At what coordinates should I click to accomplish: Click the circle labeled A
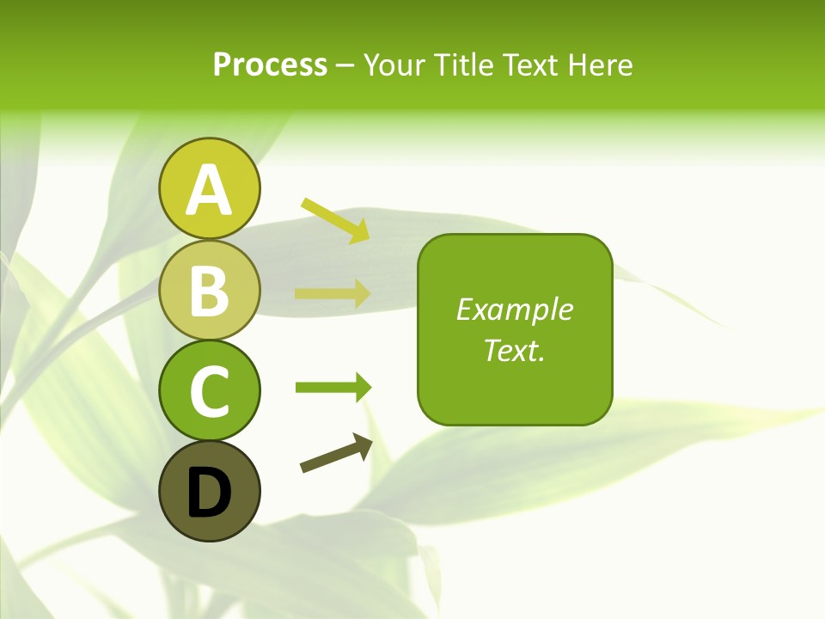[209, 188]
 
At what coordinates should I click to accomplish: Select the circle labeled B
[209, 290]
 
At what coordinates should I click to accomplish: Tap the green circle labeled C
[209, 390]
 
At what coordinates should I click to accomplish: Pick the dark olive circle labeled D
[209, 491]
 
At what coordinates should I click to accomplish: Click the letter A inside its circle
[209, 190]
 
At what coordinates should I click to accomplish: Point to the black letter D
[209, 493]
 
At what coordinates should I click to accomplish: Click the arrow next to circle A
[335, 219]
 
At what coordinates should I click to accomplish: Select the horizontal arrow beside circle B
[333, 293]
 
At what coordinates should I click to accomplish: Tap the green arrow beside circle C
[333, 387]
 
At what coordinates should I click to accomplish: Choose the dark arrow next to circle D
[336, 453]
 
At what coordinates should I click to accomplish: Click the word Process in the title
[270, 64]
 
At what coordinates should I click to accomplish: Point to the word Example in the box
[514, 309]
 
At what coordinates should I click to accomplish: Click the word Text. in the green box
[514, 350]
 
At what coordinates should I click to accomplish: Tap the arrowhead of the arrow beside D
[364, 444]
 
